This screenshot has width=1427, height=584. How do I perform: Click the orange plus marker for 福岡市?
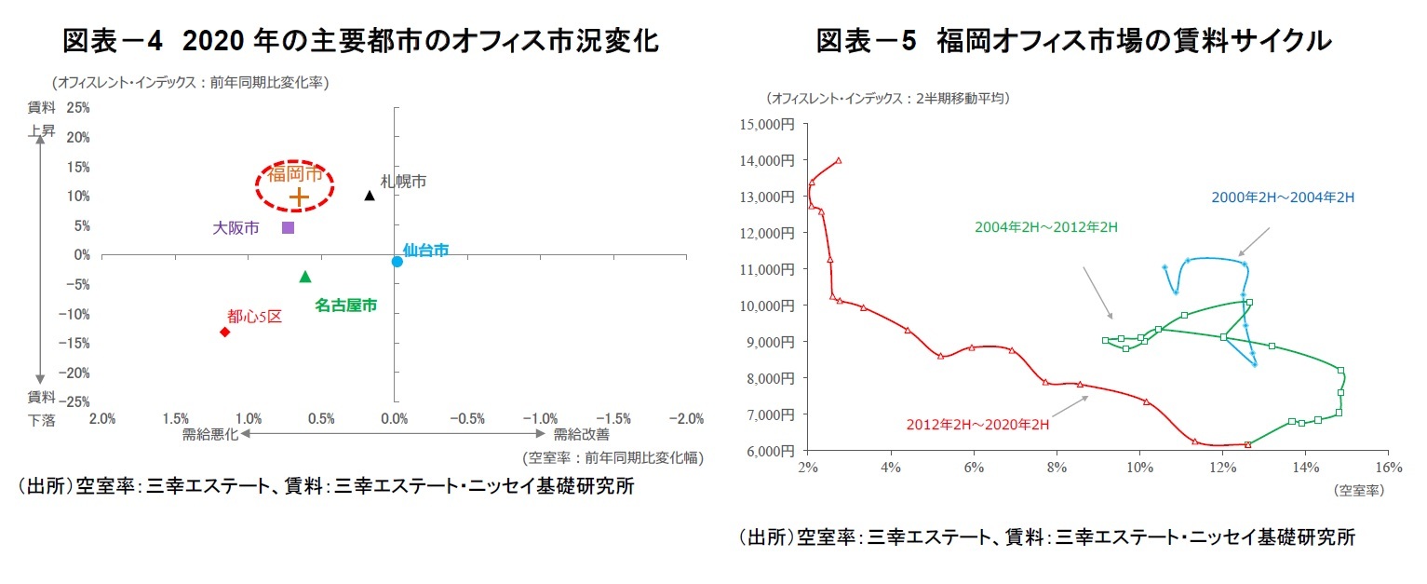(298, 197)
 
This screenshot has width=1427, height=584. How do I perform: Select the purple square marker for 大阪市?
(288, 227)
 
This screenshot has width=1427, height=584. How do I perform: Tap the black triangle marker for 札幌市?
(370, 196)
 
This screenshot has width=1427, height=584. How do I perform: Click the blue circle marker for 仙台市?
(397, 262)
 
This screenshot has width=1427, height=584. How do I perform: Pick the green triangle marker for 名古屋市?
(305, 277)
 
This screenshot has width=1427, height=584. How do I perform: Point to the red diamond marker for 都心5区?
(224, 332)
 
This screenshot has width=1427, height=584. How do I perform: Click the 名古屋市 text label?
(345, 305)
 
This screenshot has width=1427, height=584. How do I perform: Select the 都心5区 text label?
(254, 317)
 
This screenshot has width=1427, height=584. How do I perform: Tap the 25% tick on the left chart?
(79, 108)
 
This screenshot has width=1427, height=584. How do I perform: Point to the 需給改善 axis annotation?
(581, 434)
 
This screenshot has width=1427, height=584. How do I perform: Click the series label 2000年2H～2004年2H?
(1282, 197)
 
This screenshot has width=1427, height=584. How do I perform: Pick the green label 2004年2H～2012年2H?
(1045, 226)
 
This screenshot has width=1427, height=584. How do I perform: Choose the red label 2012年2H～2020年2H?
(977, 425)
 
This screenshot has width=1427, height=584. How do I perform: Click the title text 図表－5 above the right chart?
(867, 41)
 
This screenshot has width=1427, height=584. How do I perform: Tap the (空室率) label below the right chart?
(1359, 489)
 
